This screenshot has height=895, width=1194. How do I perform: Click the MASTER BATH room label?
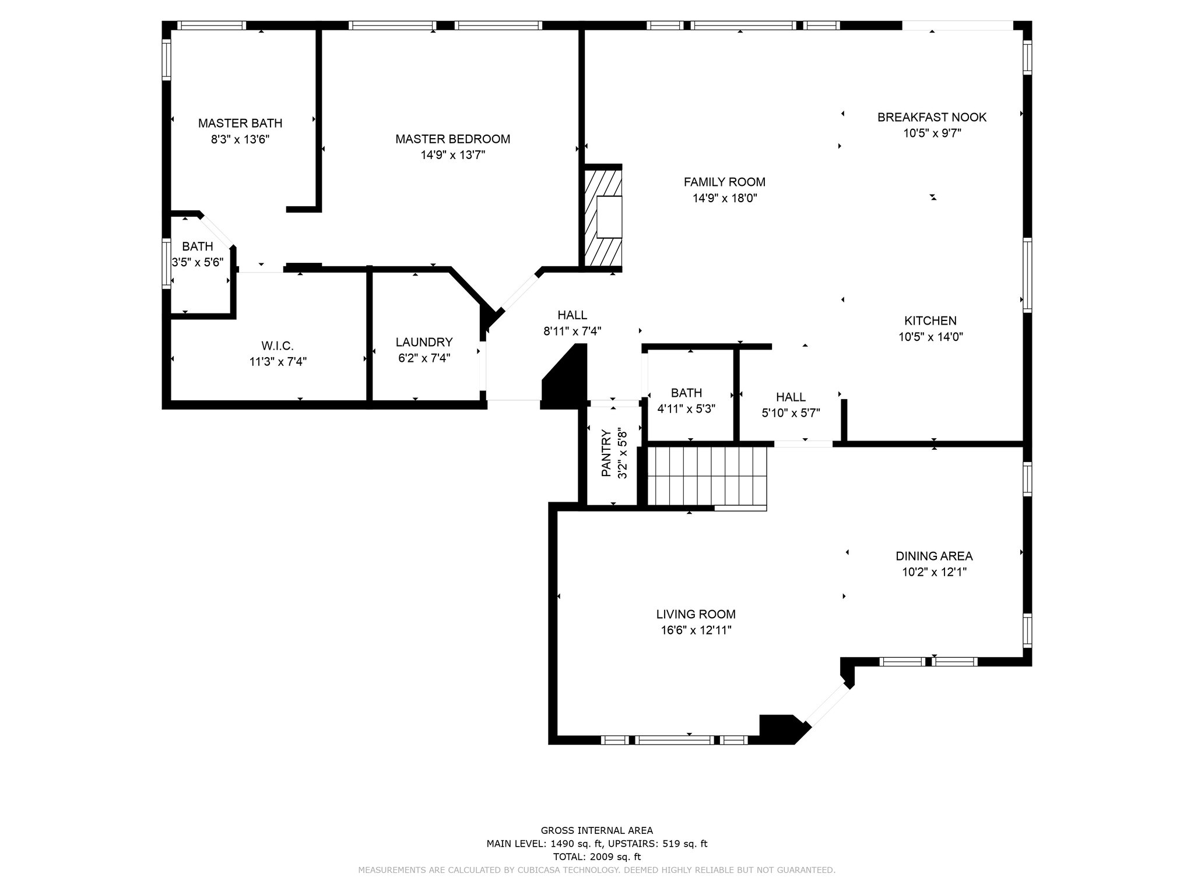pyautogui.click(x=240, y=123)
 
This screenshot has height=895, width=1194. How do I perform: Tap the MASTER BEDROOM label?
pyautogui.click(x=452, y=139)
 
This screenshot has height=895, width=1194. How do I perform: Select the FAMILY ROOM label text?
pyautogui.click(x=725, y=182)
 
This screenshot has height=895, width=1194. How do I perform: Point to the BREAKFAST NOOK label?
pyautogui.click(x=932, y=117)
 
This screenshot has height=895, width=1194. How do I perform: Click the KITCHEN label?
pyautogui.click(x=930, y=320)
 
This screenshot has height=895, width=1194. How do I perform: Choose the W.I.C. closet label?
pyautogui.click(x=278, y=346)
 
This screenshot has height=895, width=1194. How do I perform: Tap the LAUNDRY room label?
pyautogui.click(x=424, y=342)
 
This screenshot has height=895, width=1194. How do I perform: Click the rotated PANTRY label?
pyautogui.click(x=606, y=453)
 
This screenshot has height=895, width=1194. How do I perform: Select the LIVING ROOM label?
pyautogui.click(x=696, y=614)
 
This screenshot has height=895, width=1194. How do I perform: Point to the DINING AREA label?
pyautogui.click(x=934, y=556)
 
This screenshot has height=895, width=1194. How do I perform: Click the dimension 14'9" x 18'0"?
pyautogui.click(x=725, y=198)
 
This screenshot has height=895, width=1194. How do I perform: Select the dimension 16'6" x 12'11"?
pyautogui.click(x=696, y=630)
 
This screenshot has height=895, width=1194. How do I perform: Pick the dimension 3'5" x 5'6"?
pyautogui.click(x=198, y=262)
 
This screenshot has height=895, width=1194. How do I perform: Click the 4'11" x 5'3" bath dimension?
pyautogui.click(x=686, y=409)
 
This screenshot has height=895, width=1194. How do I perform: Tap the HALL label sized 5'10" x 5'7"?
pyautogui.click(x=791, y=397)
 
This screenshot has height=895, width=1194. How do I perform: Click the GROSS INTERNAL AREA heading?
pyautogui.click(x=597, y=830)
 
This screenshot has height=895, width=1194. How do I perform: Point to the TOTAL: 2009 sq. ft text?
pyautogui.click(x=597, y=857)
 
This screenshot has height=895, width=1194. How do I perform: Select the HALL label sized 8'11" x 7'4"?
pyautogui.click(x=572, y=315)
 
